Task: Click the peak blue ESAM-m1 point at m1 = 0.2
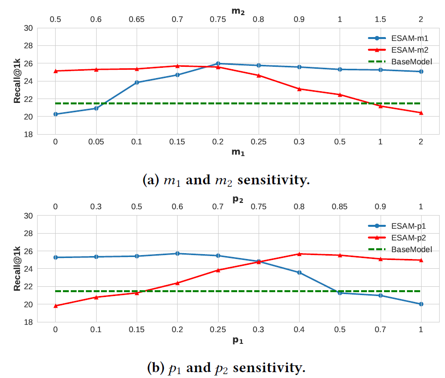pyautogui.click(x=218, y=63)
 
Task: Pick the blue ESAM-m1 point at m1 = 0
pyautogui.click(x=55, y=114)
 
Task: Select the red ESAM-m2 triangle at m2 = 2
pyautogui.click(x=421, y=113)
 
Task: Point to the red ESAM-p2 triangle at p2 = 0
pyautogui.click(x=55, y=306)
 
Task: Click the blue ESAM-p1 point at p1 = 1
pyautogui.click(x=421, y=304)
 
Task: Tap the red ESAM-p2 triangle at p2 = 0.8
pyautogui.click(x=299, y=254)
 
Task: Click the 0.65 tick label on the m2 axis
pyautogui.click(x=137, y=20)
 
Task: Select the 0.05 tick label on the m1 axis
pyautogui.click(x=96, y=142)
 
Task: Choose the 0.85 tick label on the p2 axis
pyautogui.click(x=340, y=207)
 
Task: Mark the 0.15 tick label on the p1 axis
pyautogui.click(x=137, y=330)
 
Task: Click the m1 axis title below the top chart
pyautogui.click(x=238, y=153)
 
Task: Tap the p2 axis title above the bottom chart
pyautogui.click(x=238, y=199)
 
